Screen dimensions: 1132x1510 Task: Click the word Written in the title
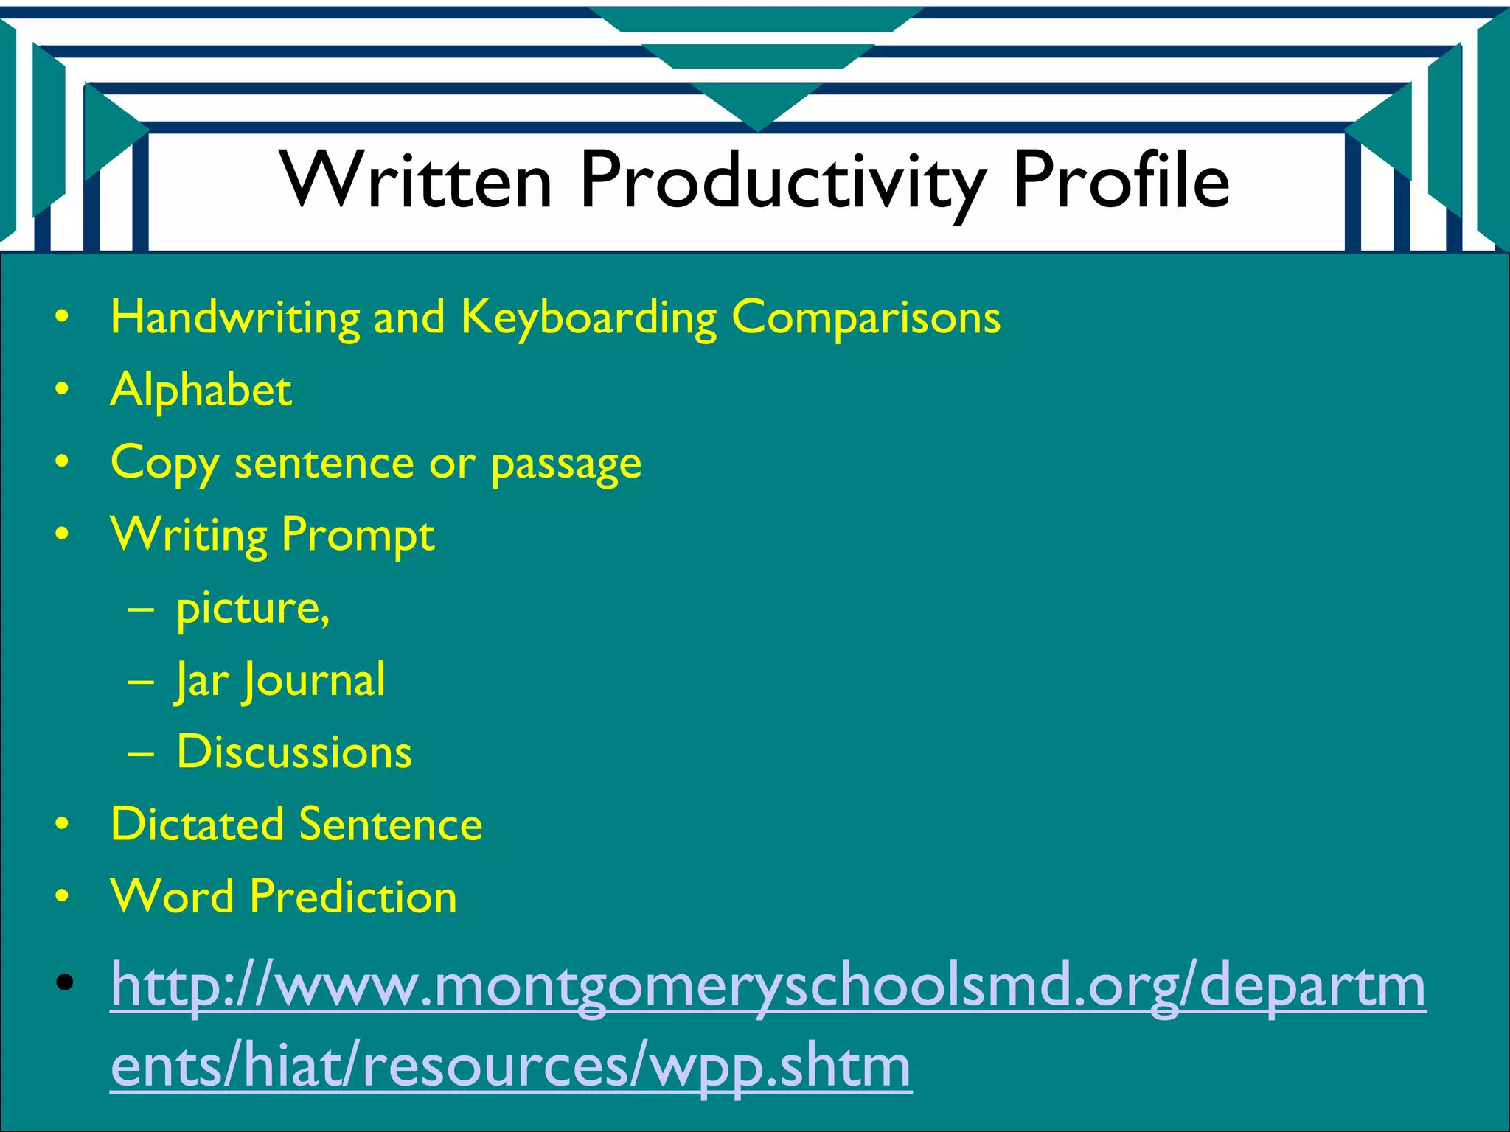[x=416, y=181]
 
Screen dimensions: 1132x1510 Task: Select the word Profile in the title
[x=1121, y=181]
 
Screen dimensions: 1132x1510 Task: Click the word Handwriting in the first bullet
[x=235, y=318]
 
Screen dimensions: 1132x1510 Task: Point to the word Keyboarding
[x=588, y=318]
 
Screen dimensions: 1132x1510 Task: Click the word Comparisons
[x=866, y=318]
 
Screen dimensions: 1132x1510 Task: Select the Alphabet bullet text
[x=201, y=390]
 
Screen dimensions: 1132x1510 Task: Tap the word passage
[x=566, y=465]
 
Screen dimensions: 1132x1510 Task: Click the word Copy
[x=164, y=465]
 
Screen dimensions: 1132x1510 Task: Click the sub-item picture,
[x=252, y=609]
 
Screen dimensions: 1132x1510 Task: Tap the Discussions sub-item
[x=294, y=752]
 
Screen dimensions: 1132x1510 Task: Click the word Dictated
[x=196, y=824]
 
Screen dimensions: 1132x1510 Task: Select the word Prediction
[x=353, y=897]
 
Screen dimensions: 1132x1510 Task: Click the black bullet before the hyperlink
[x=64, y=982]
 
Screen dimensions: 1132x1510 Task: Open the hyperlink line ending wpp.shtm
[x=510, y=1066]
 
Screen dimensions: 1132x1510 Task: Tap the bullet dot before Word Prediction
[x=63, y=897]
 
